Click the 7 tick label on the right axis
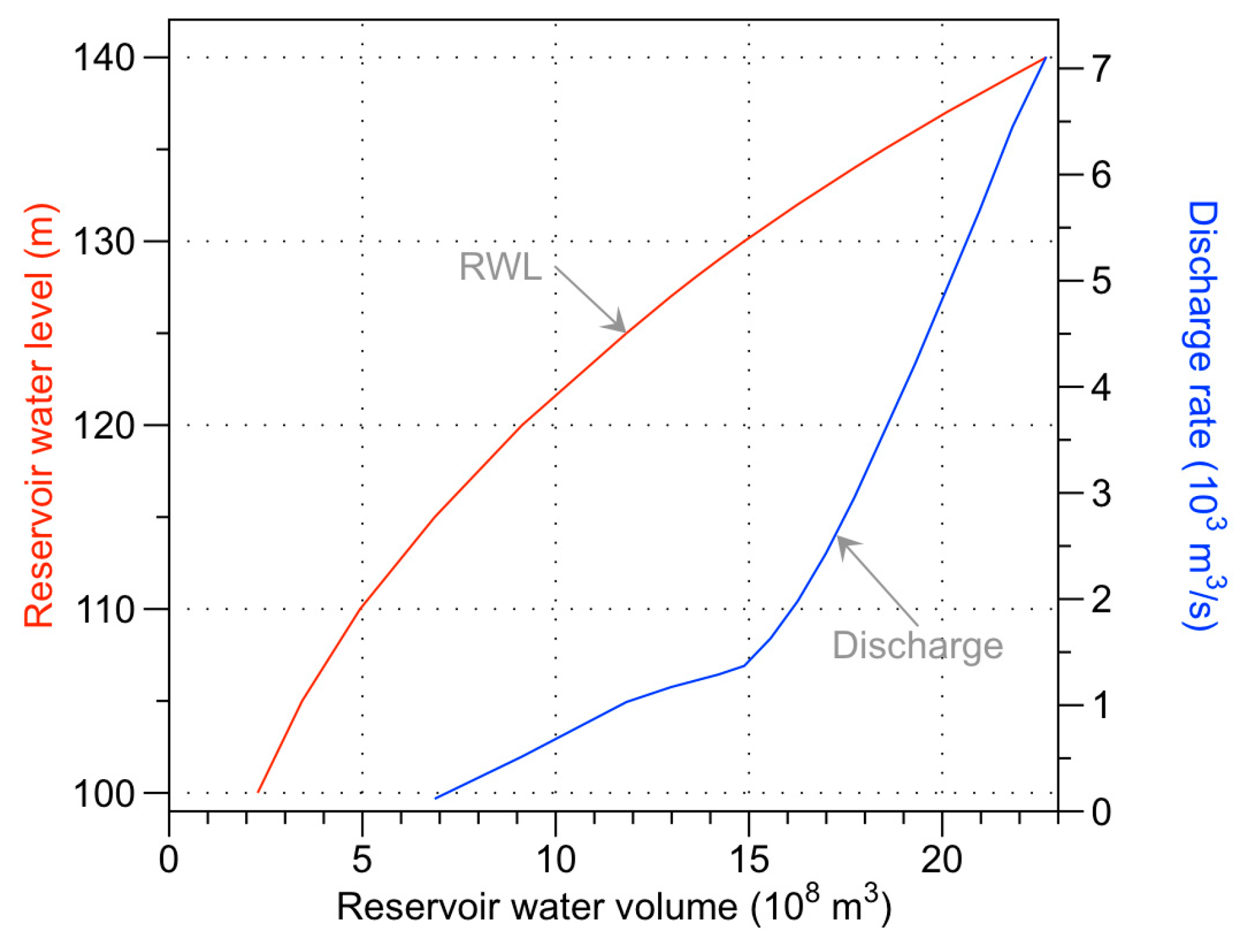point(1101,68)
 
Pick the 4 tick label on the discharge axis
point(1101,387)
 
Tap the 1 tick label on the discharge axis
point(1101,706)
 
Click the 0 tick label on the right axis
point(1101,813)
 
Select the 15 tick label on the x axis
point(749,860)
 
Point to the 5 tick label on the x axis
point(362,860)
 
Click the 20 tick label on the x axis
point(942,860)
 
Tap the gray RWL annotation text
point(500,266)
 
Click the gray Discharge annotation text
point(917,645)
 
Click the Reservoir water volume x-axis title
point(614,907)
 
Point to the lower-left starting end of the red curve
point(258,792)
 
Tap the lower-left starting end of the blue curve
point(436,798)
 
